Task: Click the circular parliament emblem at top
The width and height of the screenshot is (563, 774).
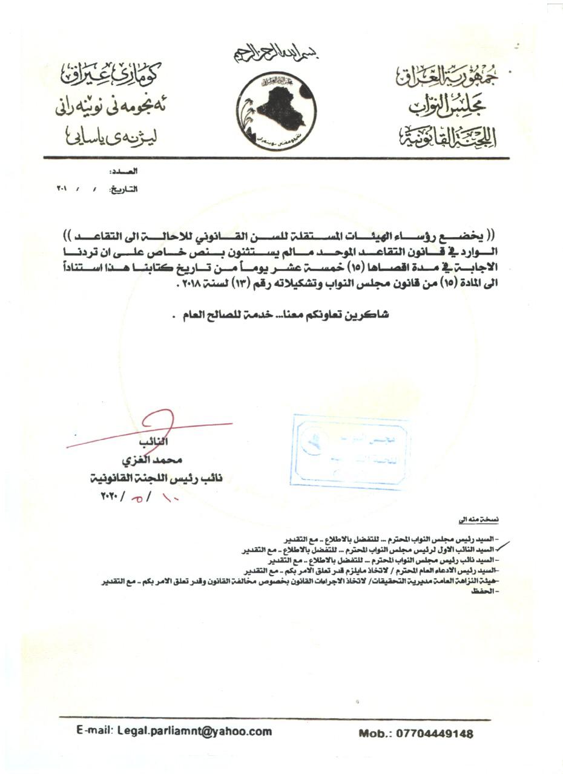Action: [276, 109]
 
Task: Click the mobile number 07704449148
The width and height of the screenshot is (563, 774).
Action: [416, 734]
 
